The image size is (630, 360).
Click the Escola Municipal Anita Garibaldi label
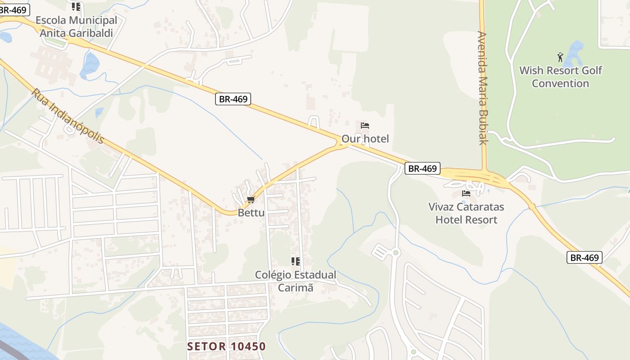(x=76, y=27)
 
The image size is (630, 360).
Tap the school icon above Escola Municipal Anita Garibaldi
(x=76, y=7)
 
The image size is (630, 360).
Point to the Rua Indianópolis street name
(x=68, y=116)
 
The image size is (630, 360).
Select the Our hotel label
(x=365, y=139)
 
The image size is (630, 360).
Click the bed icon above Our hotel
(x=365, y=126)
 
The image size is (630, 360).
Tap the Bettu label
(x=251, y=212)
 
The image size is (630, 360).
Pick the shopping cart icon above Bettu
(x=251, y=199)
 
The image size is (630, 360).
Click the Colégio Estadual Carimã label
(x=295, y=281)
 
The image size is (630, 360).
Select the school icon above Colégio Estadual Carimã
(x=295, y=261)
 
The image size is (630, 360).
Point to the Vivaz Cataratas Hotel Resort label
(x=466, y=213)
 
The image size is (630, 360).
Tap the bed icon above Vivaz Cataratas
(x=466, y=193)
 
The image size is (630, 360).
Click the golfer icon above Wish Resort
(x=560, y=57)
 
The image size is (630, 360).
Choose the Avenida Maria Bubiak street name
(x=483, y=88)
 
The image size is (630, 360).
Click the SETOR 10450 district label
(x=227, y=346)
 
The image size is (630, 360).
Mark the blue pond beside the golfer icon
(x=574, y=53)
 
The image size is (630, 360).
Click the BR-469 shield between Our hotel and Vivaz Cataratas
(x=422, y=168)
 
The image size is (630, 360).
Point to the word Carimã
(x=295, y=288)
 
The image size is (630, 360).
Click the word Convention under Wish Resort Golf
(x=560, y=83)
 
